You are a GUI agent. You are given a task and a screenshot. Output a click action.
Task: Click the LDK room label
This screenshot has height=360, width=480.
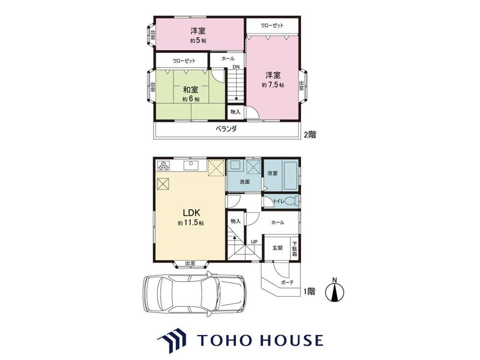pyautogui.click(x=192, y=212)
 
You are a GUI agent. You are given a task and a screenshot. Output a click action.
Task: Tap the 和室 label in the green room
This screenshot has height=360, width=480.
pyautogui.click(x=191, y=90)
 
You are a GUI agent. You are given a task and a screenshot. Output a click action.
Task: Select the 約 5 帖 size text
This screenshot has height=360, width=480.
pyautogui.click(x=198, y=40)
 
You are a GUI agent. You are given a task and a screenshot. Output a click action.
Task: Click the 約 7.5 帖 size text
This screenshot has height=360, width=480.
pyautogui.click(x=273, y=85)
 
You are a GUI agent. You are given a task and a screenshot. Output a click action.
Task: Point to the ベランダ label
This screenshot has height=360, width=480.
pyautogui.click(x=226, y=129)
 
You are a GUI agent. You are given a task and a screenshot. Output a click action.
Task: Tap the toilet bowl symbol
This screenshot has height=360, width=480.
pyautogui.click(x=291, y=201)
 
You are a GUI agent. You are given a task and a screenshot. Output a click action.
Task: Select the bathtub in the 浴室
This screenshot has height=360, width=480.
pyautogui.click(x=290, y=176)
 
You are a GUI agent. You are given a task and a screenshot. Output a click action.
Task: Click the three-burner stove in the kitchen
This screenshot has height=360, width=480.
pyautogui.click(x=163, y=165)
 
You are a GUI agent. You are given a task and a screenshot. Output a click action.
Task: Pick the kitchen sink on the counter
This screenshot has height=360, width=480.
pyautogui.click(x=191, y=166)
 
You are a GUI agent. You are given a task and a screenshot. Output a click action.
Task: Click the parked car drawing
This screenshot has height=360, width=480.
pyautogui.click(x=194, y=294)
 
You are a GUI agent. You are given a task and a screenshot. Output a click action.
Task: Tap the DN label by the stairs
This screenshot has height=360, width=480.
pyautogui.click(x=236, y=67)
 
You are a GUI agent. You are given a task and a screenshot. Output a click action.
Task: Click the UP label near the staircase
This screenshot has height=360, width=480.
pyautogui.click(x=254, y=242)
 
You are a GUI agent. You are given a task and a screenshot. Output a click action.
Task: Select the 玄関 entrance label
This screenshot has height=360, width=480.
pyautogui.click(x=277, y=248)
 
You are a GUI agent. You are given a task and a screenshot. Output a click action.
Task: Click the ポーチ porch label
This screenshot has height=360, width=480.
pyautogui.click(x=287, y=283)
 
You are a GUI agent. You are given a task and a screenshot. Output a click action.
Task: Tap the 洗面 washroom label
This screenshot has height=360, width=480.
pyautogui.click(x=245, y=182)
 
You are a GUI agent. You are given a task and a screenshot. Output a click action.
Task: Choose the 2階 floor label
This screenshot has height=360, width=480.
pyautogui.click(x=310, y=134)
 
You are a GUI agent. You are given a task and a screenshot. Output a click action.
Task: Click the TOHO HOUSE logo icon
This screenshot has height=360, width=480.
pyautogui.click(x=172, y=340)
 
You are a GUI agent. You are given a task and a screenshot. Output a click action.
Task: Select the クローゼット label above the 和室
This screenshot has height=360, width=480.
pyautogui.click(x=184, y=60)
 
